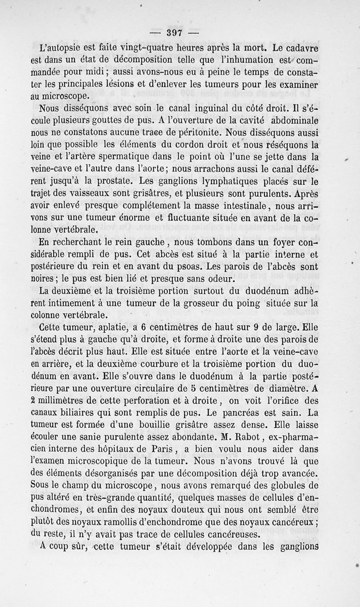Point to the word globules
[292, 486]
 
